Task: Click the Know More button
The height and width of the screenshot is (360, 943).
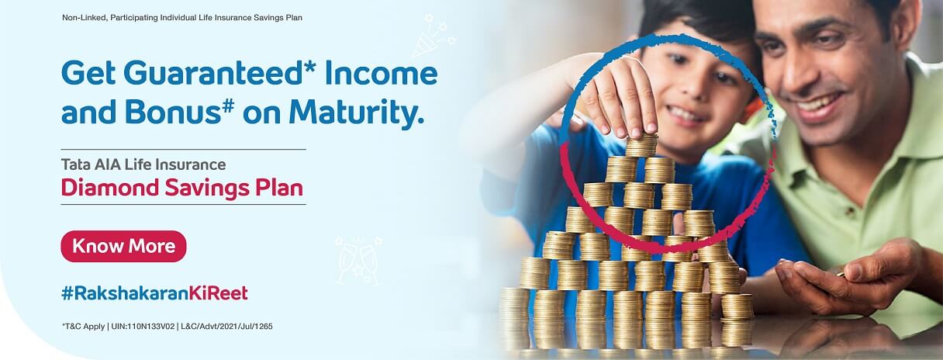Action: coord(123,247)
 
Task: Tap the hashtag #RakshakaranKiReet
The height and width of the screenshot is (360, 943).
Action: coord(154,293)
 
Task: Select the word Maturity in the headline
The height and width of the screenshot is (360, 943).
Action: coord(357,113)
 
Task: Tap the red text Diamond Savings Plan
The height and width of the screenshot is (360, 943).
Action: coord(181,189)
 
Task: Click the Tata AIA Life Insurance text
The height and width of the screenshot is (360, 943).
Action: coord(143,164)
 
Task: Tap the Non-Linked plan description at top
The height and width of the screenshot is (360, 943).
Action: coord(181,17)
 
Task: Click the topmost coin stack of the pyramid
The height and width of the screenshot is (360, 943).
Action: coord(641,145)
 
